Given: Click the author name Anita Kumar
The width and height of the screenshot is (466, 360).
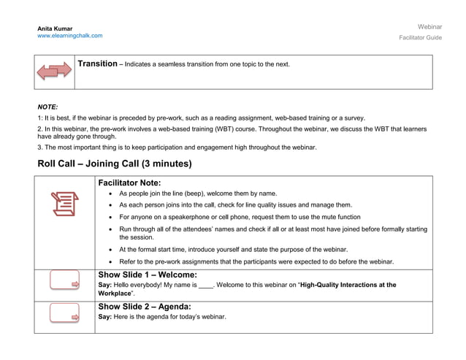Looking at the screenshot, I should coord(55,28).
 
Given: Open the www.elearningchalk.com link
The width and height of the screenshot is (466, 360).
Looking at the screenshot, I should coord(70,36).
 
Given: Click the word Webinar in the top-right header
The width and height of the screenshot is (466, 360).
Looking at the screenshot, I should coord(429,26).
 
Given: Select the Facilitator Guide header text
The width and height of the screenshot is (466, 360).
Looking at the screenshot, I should coord(420,37).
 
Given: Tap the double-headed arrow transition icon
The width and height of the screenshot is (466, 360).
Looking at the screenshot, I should coord(55,72).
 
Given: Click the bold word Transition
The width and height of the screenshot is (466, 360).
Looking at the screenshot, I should coord(97,64).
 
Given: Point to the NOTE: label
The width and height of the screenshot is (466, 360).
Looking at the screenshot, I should coord(47,107).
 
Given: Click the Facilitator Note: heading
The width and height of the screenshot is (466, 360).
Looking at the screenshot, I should coord(129,183).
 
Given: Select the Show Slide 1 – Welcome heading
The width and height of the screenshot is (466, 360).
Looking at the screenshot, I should coord(147,275).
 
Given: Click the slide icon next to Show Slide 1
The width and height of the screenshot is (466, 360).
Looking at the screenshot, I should coord(64,281).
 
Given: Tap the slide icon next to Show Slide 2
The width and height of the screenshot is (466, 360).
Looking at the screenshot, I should coord(64,313).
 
